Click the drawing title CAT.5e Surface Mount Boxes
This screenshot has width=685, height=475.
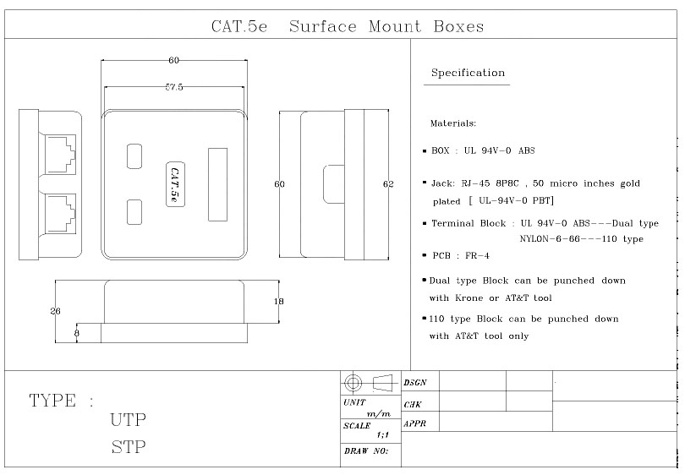tap(348, 27)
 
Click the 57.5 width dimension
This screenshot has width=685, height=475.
tap(174, 87)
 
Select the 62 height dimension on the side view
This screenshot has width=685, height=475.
tap(388, 184)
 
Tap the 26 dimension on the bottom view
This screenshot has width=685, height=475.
tap(55, 311)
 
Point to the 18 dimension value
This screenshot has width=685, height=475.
tap(278, 301)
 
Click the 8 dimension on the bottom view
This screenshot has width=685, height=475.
tap(77, 333)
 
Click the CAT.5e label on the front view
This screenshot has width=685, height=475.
tap(175, 184)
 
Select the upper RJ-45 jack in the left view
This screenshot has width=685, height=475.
tap(60, 155)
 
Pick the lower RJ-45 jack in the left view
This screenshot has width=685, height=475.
tap(60, 214)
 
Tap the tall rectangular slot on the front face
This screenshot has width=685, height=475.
tap(217, 184)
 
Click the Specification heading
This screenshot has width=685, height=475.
tap(468, 73)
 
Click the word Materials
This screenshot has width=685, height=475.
tap(453, 123)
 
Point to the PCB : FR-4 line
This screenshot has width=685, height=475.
tap(461, 256)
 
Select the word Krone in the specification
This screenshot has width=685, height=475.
tap(469, 298)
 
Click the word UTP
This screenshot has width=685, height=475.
tap(128, 420)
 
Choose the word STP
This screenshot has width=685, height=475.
tap(129, 447)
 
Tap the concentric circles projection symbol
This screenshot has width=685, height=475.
tap(353, 384)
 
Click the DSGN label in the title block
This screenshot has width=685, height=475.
tap(414, 383)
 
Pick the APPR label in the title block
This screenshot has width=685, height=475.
tap(414, 424)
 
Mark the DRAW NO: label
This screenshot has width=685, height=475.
tap(366, 451)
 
